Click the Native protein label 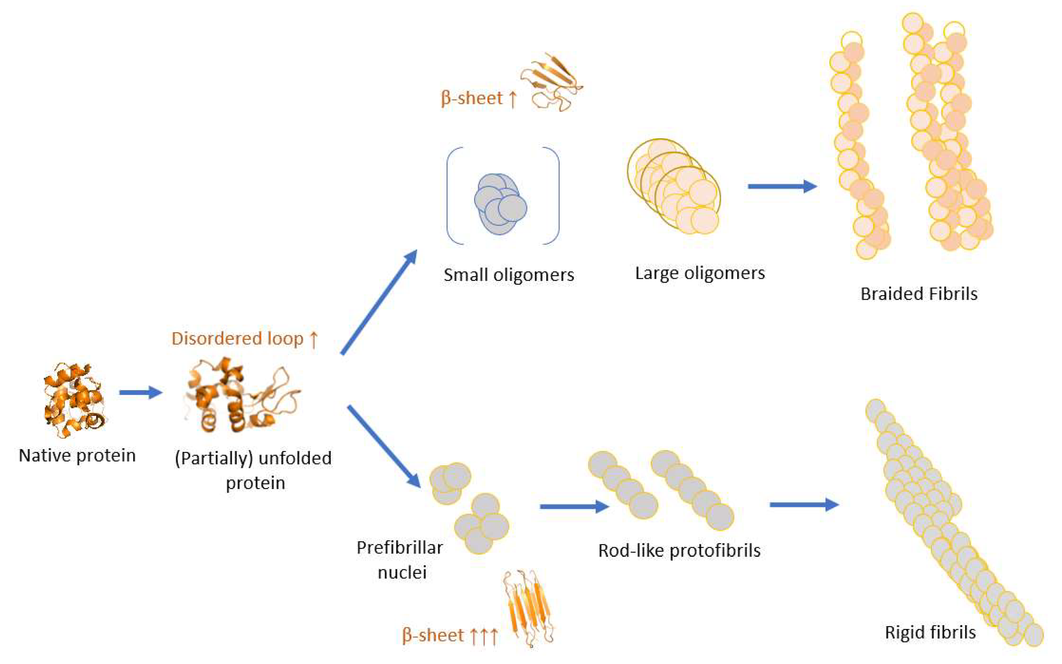[77, 455]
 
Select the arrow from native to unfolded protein [140, 392]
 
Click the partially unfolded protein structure [241, 395]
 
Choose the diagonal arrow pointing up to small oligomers [379, 302]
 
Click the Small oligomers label [509, 275]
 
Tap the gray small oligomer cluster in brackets [500, 204]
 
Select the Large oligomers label [700, 273]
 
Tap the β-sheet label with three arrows [450, 635]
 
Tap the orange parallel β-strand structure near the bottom [529, 608]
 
